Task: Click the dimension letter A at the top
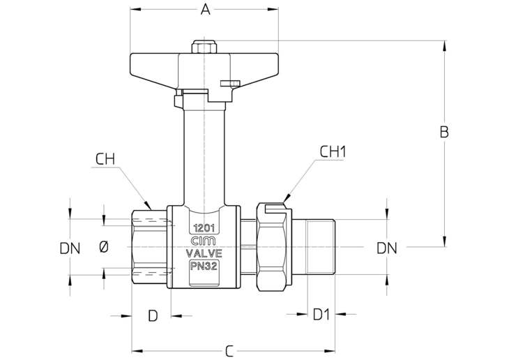pos(205,10)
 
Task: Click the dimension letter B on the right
pos(444,132)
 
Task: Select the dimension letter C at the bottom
pos(229,351)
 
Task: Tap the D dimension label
pos(153,315)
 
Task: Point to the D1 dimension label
pos(321,315)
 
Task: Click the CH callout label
pos(105,159)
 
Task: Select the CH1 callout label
pos(333,151)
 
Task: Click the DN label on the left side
pos(70,249)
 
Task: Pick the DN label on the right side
pos(386,248)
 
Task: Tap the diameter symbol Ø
pos(104,248)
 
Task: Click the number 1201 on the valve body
pos(204,228)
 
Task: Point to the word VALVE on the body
pos(204,253)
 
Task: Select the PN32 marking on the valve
pos(204,266)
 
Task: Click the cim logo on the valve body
pos(204,241)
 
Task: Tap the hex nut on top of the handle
pos(204,47)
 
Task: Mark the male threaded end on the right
pos(321,247)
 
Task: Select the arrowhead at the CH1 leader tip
pos(286,198)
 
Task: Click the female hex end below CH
pos(150,248)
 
